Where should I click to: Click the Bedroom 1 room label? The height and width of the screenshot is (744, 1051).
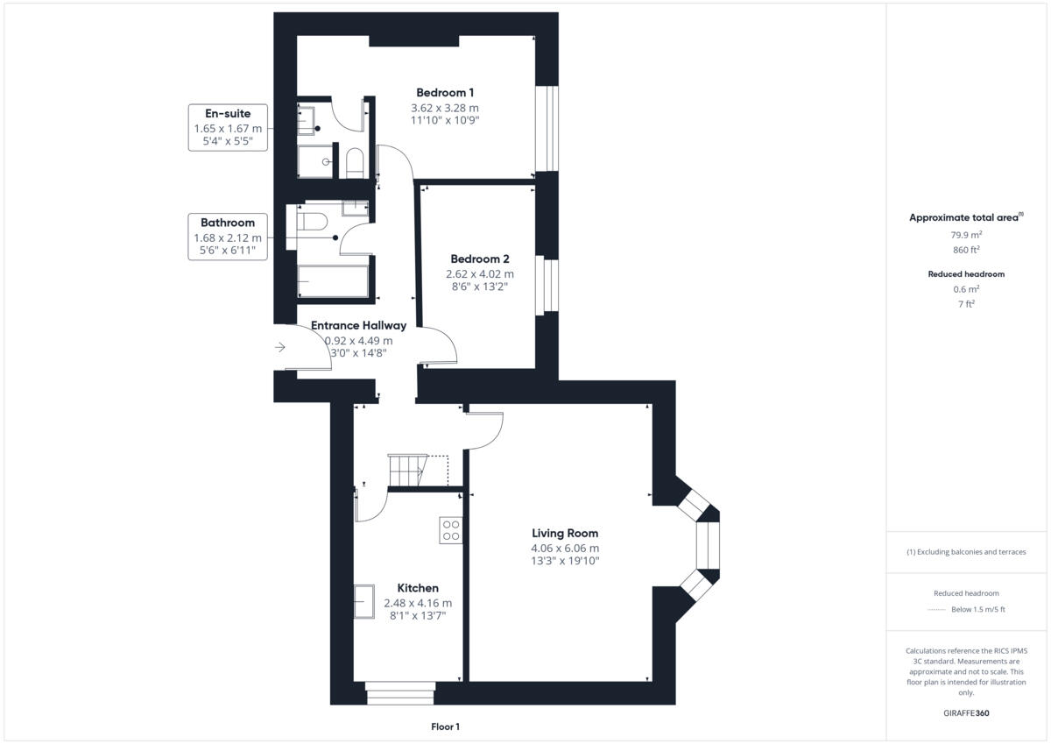pos(445,93)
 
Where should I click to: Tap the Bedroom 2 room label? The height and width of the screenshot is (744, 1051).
pos(479,259)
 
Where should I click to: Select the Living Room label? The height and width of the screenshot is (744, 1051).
pos(565,533)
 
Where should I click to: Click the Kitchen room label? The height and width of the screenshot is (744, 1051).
pos(418,588)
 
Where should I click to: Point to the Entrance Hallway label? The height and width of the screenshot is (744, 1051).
pos(359,325)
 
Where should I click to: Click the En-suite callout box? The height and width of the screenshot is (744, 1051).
pos(228,128)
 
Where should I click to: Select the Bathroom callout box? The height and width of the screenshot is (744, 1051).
pos(228,237)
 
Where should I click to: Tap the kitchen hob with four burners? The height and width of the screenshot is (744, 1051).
pos(451,530)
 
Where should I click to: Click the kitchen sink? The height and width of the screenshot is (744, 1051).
pos(364,601)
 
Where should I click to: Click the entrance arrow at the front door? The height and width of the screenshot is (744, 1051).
pos(280,348)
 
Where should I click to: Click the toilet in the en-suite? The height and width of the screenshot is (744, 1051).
pos(355,163)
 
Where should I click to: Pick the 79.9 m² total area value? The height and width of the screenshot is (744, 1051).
pos(966,234)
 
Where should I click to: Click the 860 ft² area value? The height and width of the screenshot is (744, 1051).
pos(966,250)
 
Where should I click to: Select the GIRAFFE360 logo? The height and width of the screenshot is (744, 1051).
pos(966,713)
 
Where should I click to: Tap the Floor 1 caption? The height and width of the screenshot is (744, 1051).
pos(445,726)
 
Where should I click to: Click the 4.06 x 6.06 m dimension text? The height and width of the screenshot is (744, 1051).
pos(565,549)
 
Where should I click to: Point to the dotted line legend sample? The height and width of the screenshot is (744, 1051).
pos(937,610)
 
